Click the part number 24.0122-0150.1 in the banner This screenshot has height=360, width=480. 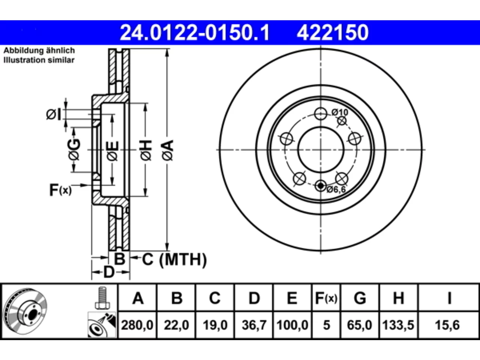(x=194, y=33)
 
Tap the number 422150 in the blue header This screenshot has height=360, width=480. (x=332, y=33)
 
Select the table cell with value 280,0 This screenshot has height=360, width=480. (x=137, y=325)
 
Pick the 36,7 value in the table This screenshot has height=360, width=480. (x=254, y=325)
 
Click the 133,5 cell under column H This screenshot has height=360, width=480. (x=398, y=325)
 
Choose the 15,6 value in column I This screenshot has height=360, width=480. (x=447, y=325)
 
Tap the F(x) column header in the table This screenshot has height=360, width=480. (x=326, y=298)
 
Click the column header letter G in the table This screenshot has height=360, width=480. (x=360, y=298)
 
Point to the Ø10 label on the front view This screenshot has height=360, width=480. (x=340, y=112)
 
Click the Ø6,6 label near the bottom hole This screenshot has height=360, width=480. (x=336, y=189)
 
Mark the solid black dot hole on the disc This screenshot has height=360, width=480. (x=321, y=186)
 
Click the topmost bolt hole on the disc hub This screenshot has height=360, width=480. (x=321, y=114)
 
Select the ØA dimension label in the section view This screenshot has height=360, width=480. (x=168, y=150)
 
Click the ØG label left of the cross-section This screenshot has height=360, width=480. (x=74, y=149)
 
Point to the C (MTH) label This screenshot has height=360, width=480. (x=174, y=259)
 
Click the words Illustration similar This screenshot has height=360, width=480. (x=39, y=60)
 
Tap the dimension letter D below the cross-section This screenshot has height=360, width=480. (x=109, y=272)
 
